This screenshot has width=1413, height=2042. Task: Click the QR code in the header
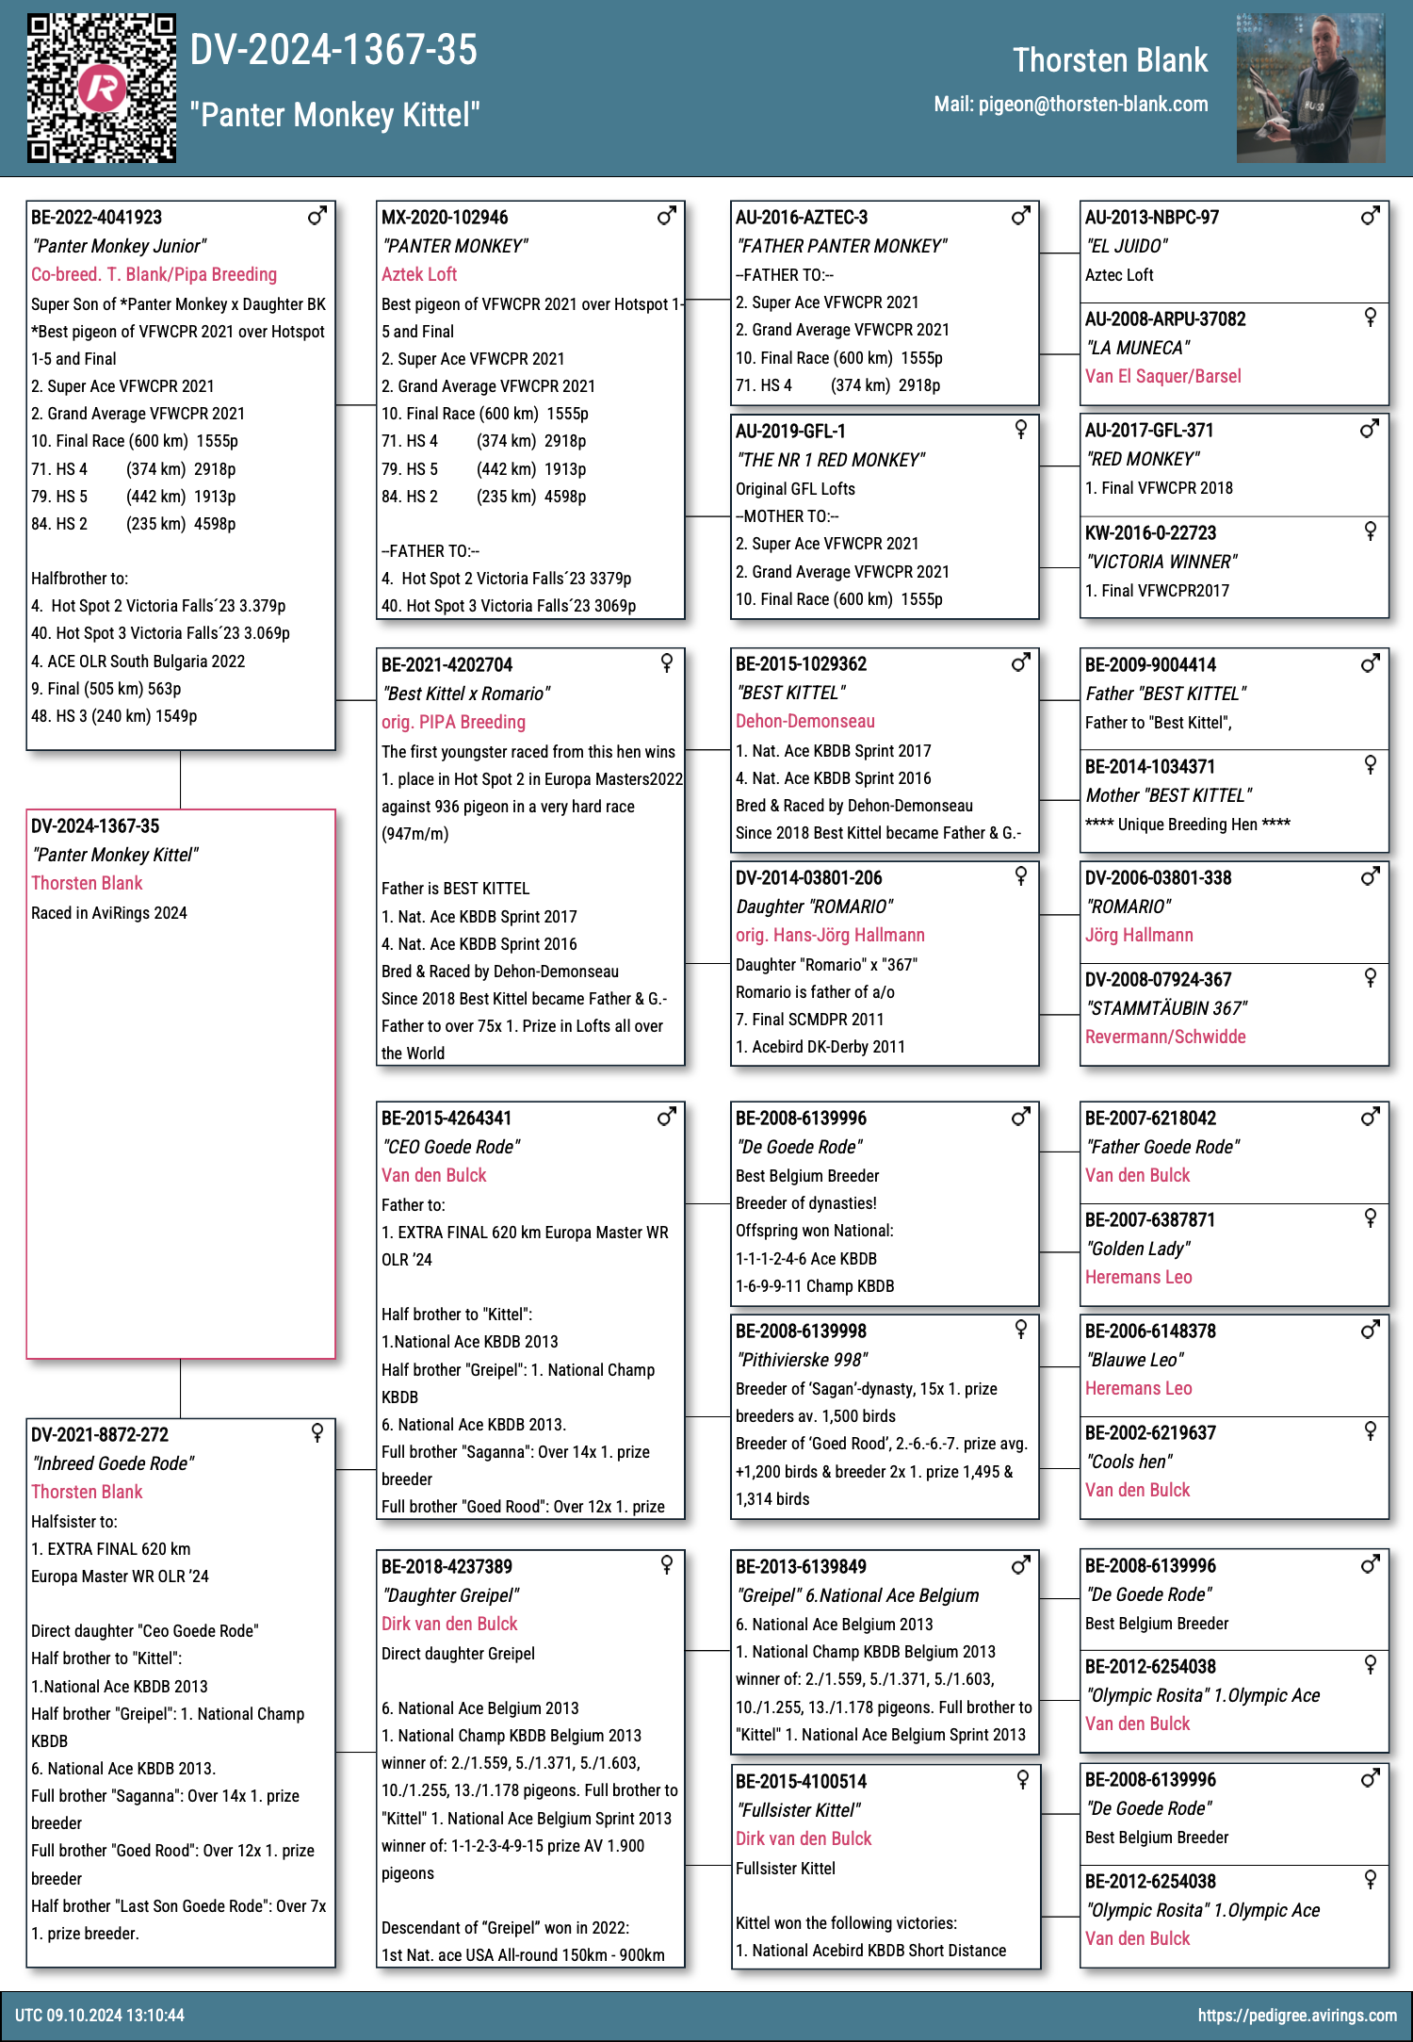(x=101, y=88)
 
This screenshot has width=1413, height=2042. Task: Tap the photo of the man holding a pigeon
(x=1310, y=88)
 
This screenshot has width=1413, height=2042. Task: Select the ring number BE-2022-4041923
(x=97, y=218)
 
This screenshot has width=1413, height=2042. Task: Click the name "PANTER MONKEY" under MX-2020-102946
(x=454, y=247)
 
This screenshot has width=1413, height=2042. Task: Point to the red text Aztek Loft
(x=419, y=275)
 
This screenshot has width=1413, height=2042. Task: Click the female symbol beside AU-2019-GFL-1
(x=1020, y=430)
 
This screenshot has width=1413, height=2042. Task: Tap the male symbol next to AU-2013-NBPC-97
(x=1370, y=216)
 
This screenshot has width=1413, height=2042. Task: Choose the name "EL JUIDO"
(x=1127, y=247)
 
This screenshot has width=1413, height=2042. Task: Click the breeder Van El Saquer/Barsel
(x=1162, y=377)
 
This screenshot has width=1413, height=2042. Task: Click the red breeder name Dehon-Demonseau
(x=805, y=722)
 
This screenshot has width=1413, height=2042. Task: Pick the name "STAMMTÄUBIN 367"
(x=1166, y=1009)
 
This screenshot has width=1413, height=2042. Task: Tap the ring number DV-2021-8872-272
(x=100, y=1435)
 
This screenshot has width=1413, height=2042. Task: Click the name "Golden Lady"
(x=1138, y=1250)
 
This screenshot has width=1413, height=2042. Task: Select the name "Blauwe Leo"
(x=1134, y=1361)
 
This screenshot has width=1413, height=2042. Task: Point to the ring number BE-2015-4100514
(x=801, y=1782)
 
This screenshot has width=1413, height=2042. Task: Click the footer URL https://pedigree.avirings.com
(x=1297, y=2016)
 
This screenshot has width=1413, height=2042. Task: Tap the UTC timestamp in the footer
(x=100, y=2016)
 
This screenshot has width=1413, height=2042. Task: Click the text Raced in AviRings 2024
(x=109, y=913)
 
